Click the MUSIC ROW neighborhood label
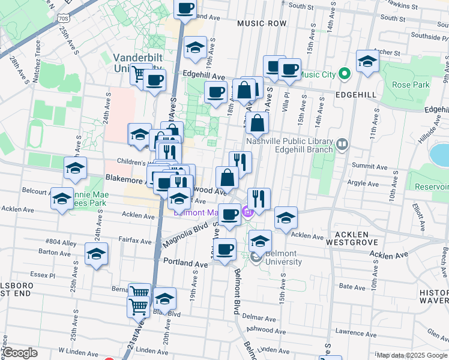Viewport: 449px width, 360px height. click(262, 23)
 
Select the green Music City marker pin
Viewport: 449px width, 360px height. click(344, 75)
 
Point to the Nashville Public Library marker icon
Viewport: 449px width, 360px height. click(342, 144)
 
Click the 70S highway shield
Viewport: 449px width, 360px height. click(64, 19)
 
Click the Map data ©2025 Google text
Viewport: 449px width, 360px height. click(411, 355)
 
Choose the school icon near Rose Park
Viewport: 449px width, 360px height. click(367, 61)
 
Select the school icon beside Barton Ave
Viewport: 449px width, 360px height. click(96, 254)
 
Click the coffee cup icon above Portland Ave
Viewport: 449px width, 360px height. click(226, 249)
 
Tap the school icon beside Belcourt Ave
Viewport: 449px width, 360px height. click(62, 200)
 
